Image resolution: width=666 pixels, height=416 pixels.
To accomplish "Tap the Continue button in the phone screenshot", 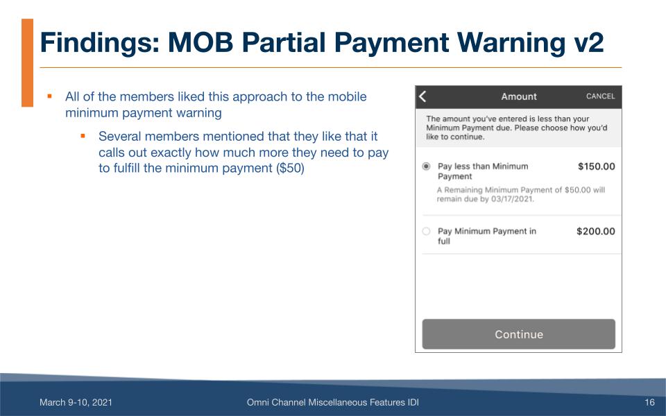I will pos(518,334).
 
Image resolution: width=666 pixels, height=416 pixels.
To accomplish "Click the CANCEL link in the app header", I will pos(600,96).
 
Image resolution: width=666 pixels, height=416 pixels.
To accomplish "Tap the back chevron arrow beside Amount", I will pos(422,96).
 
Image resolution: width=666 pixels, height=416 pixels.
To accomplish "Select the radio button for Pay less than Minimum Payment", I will pos(426,166).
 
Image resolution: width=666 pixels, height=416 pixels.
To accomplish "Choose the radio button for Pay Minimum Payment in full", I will pos(426,232).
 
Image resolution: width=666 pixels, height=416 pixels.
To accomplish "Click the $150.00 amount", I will pos(596,166).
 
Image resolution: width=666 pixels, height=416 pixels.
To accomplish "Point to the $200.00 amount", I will pos(595,232).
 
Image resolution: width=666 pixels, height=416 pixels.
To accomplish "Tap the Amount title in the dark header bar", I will pos(519,96).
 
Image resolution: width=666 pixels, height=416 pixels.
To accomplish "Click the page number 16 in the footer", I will pos(649,402).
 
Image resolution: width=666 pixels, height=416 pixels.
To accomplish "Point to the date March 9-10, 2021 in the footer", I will pos(76,402).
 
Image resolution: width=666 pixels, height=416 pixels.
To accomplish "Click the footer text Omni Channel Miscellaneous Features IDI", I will pos(332,402).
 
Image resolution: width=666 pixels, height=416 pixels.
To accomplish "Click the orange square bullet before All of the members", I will pos(50,96).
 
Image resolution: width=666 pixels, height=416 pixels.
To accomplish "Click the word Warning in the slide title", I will pos(484,43).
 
